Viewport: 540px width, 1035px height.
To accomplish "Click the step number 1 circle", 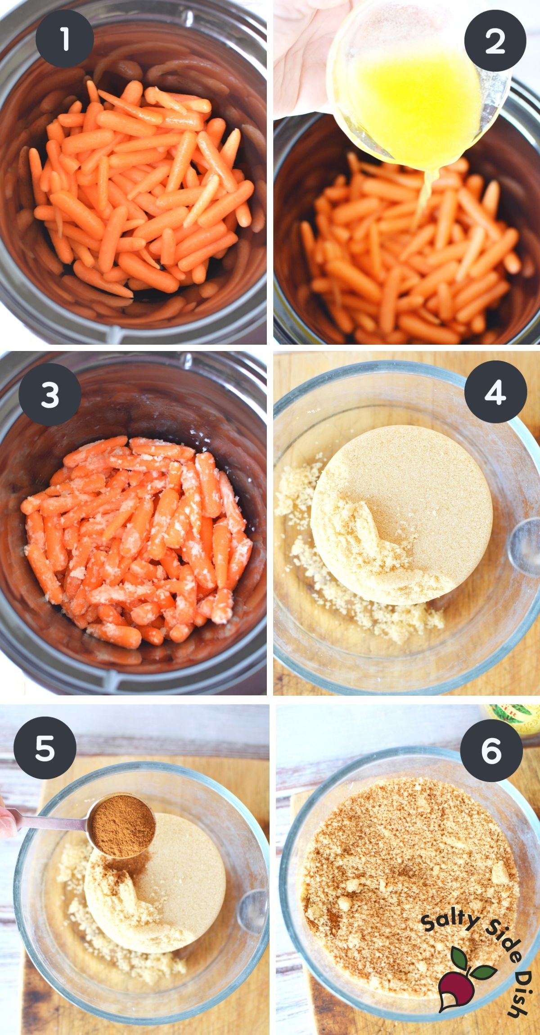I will tap(64, 39).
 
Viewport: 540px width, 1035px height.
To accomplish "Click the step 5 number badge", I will tap(45, 748).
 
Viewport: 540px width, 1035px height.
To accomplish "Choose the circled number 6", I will tap(491, 750).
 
